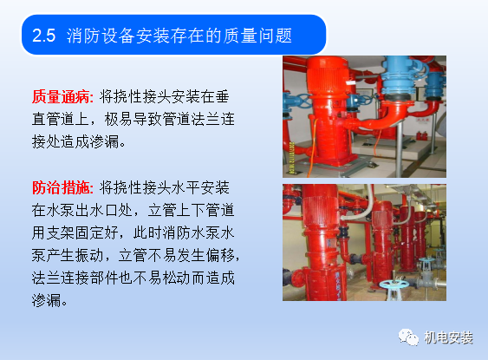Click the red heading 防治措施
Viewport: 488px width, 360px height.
[62, 187]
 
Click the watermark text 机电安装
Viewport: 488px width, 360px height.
[448, 333]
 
